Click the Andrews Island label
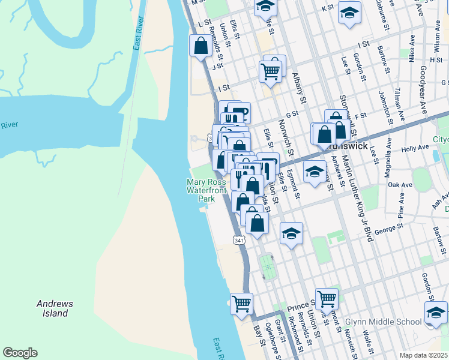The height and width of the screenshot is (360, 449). point(55,308)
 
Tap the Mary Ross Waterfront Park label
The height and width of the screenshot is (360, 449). point(206,190)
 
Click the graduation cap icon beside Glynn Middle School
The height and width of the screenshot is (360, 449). point(435,312)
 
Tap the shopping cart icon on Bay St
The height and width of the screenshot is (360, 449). point(241,304)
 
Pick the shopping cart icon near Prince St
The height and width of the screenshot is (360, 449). point(327,298)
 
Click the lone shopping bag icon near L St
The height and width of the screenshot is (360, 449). point(199,46)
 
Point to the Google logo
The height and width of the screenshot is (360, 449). point(20,353)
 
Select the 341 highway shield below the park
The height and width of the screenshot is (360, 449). point(239,240)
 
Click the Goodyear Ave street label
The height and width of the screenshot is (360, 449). point(419,94)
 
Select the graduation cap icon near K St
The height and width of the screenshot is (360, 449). point(349,11)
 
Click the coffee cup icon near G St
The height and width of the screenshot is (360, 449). point(239,112)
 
